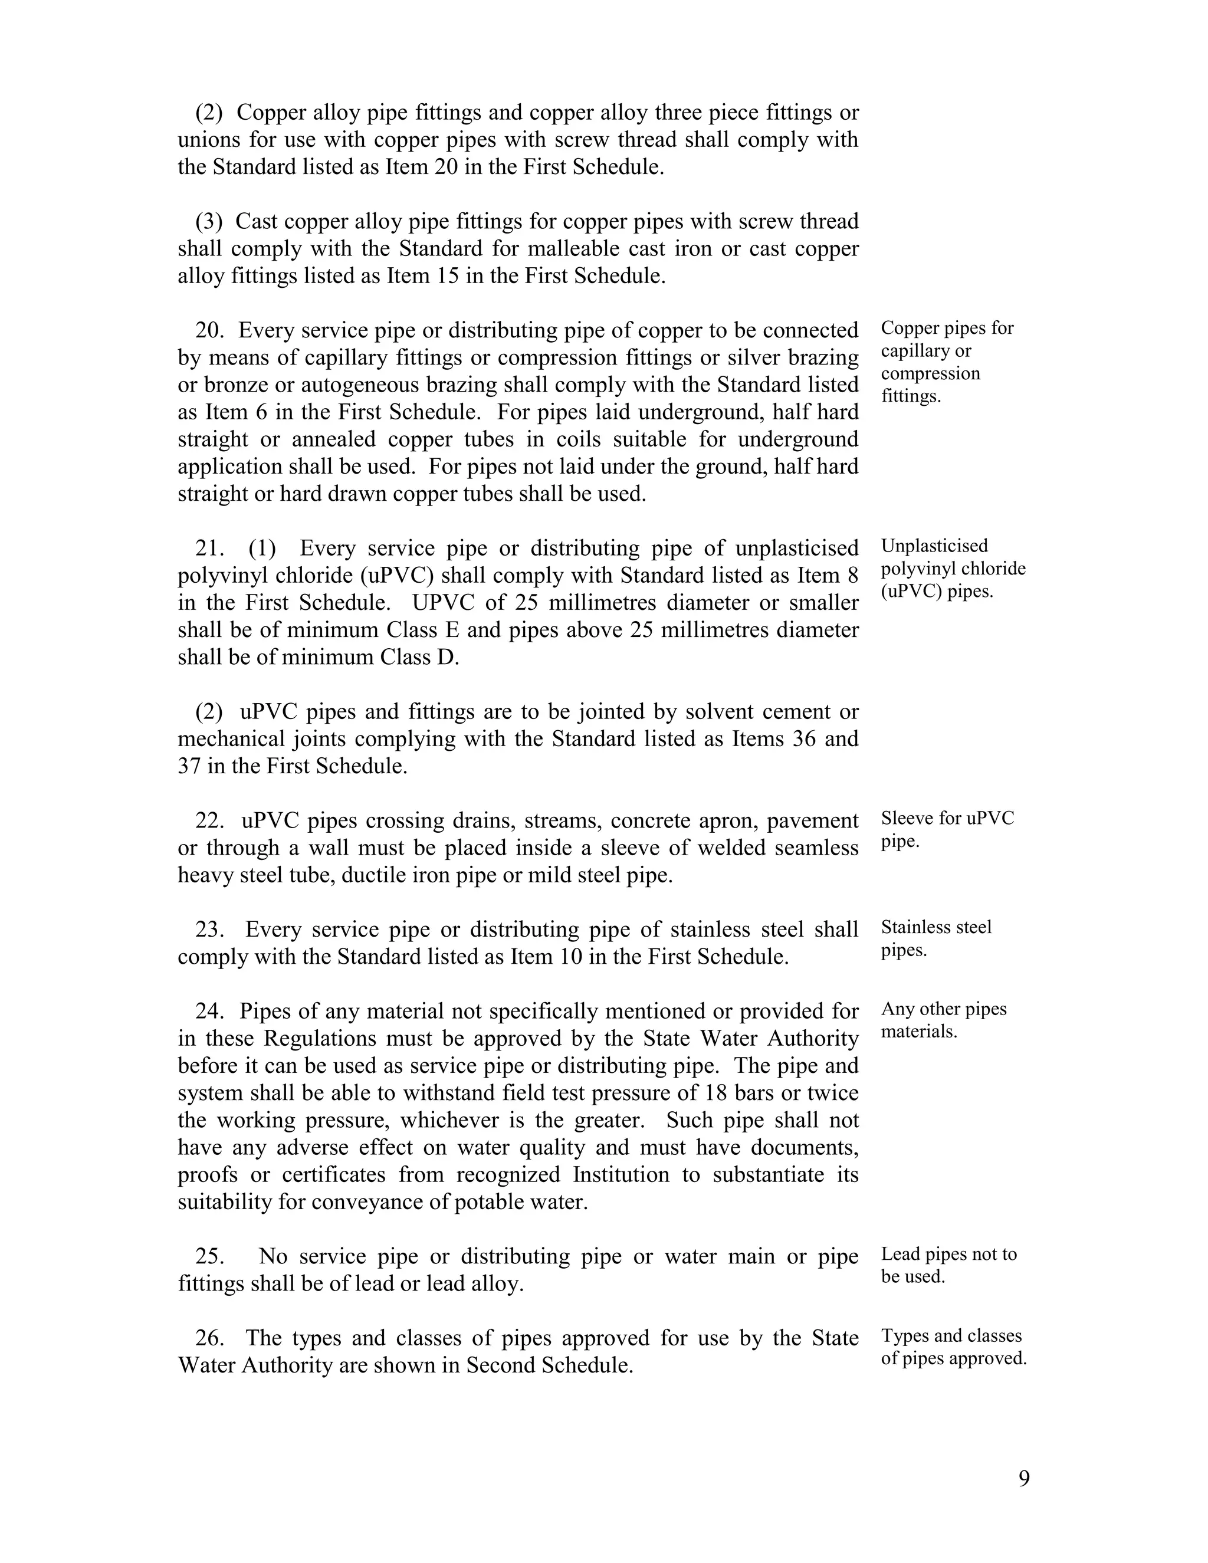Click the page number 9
pyautogui.click(x=1023, y=1478)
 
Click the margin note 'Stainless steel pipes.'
pyautogui.click(x=935, y=939)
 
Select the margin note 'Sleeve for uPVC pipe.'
pyautogui.click(x=947, y=829)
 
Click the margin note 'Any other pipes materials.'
pyautogui.click(x=943, y=1020)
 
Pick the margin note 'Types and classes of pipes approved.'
pyautogui.click(x=953, y=1347)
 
